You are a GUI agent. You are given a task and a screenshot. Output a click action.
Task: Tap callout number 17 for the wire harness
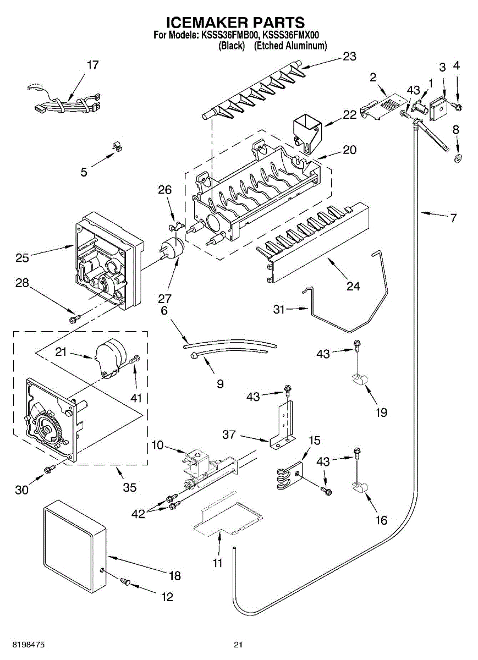[93, 65]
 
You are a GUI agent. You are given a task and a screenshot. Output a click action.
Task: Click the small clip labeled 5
[116, 146]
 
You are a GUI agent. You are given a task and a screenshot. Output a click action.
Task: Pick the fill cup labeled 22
[306, 131]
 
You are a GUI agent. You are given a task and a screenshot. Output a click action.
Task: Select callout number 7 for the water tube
[453, 218]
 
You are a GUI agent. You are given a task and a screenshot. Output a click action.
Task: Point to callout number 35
[130, 487]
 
